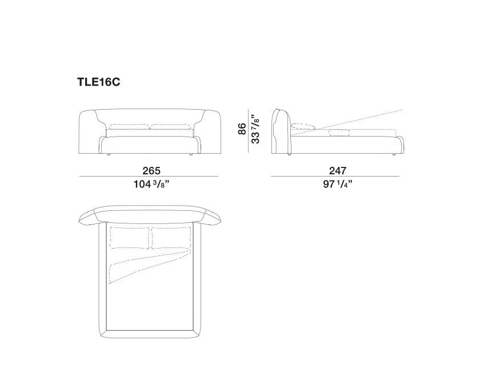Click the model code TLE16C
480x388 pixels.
98,82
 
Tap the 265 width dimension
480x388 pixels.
151,171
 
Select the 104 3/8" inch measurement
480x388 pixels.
151,185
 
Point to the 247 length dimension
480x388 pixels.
338,171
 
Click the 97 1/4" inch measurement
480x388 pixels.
338,185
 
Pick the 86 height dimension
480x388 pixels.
242,129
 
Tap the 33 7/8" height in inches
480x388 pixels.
255,129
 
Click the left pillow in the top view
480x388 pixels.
130,238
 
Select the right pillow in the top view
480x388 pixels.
171,238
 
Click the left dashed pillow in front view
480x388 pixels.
129,127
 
